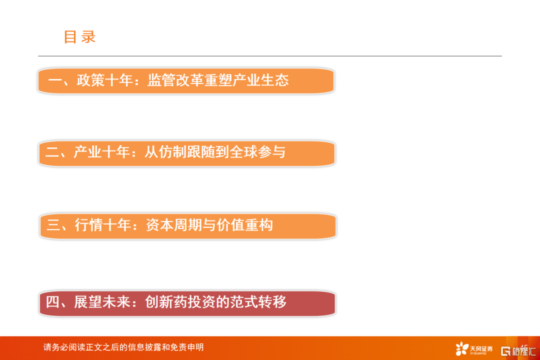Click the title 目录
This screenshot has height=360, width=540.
point(79,37)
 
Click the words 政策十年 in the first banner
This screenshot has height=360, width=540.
point(104,80)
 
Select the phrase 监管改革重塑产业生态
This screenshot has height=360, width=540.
point(218,80)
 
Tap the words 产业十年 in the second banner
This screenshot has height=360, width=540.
point(101,152)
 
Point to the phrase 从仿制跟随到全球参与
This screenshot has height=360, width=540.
point(215,152)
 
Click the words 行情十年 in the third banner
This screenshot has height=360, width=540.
point(103,225)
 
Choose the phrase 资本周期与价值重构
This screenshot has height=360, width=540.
point(209,225)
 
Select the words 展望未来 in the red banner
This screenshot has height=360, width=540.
point(102,302)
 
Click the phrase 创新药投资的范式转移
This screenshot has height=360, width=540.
point(215,302)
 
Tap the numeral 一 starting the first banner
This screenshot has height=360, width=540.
point(55,80)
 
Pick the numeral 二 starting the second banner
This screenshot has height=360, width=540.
point(52,152)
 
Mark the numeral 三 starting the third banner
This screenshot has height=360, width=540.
point(53,225)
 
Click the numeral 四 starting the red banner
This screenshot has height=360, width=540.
point(52,302)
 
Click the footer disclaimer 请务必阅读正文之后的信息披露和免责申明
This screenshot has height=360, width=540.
point(123,347)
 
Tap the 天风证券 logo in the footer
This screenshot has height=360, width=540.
point(474,348)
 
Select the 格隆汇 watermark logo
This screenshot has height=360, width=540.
point(518,351)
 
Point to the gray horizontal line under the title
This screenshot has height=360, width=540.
point(269,56)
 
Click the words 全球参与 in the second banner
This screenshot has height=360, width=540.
point(257,152)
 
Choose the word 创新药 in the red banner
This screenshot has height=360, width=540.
point(166,302)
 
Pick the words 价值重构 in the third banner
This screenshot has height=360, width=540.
point(245,225)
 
